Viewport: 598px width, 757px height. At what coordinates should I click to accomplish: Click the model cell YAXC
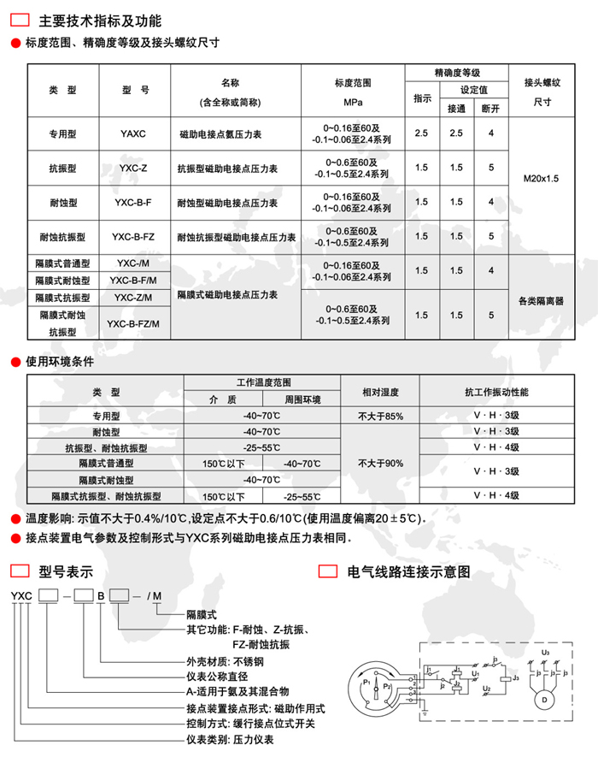pyautogui.click(x=133, y=135)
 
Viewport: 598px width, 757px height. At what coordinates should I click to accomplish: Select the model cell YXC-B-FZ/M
pyautogui.click(x=133, y=322)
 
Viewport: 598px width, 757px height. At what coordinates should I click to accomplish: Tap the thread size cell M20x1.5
pyautogui.click(x=541, y=180)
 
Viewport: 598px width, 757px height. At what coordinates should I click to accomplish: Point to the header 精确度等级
pyautogui.click(x=457, y=73)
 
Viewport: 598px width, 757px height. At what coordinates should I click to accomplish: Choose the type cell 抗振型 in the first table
pyautogui.click(x=64, y=169)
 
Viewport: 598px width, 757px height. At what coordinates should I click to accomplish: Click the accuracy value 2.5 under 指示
pyautogui.click(x=421, y=134)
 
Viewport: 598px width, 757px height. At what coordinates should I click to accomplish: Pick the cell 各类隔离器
pyautogui.click(x=541, y=301)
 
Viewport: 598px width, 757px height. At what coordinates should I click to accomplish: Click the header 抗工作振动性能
pyautogui.click(x=496, y=392)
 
